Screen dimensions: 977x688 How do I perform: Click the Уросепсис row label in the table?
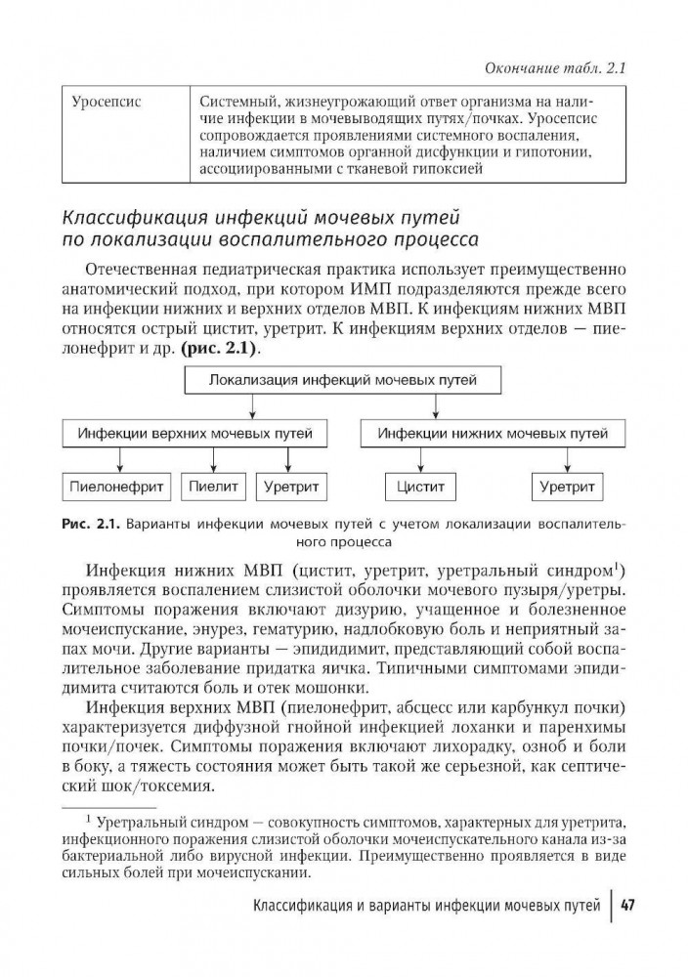[105, 103]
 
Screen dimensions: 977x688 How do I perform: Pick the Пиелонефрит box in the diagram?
[116, 485]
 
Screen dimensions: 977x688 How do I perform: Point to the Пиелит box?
[213, 485]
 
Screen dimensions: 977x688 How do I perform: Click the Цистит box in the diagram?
[420, 485]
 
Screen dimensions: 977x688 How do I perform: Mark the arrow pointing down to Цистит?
[420, 459]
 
